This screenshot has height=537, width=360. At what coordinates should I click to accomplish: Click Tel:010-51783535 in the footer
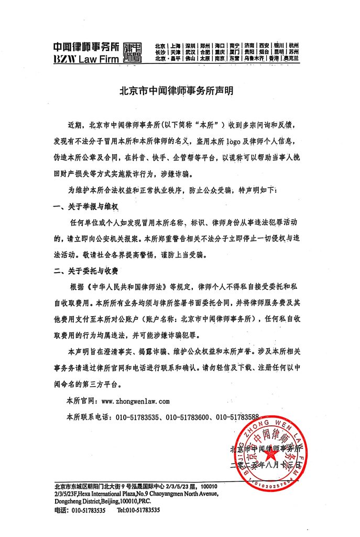[138, 509]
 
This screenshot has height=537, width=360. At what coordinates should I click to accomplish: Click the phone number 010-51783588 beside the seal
[238, 417]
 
